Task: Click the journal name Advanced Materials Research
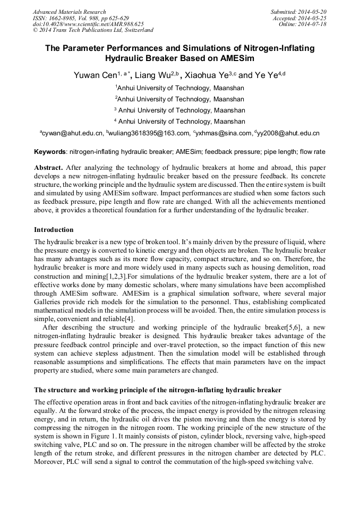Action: [69, 12]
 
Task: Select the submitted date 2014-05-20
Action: [312, 12]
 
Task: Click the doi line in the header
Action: [88, 24]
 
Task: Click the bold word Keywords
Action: [50, 152]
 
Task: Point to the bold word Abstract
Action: [48, 167]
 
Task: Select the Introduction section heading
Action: [54, 230]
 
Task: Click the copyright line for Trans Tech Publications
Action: [93, 31]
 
